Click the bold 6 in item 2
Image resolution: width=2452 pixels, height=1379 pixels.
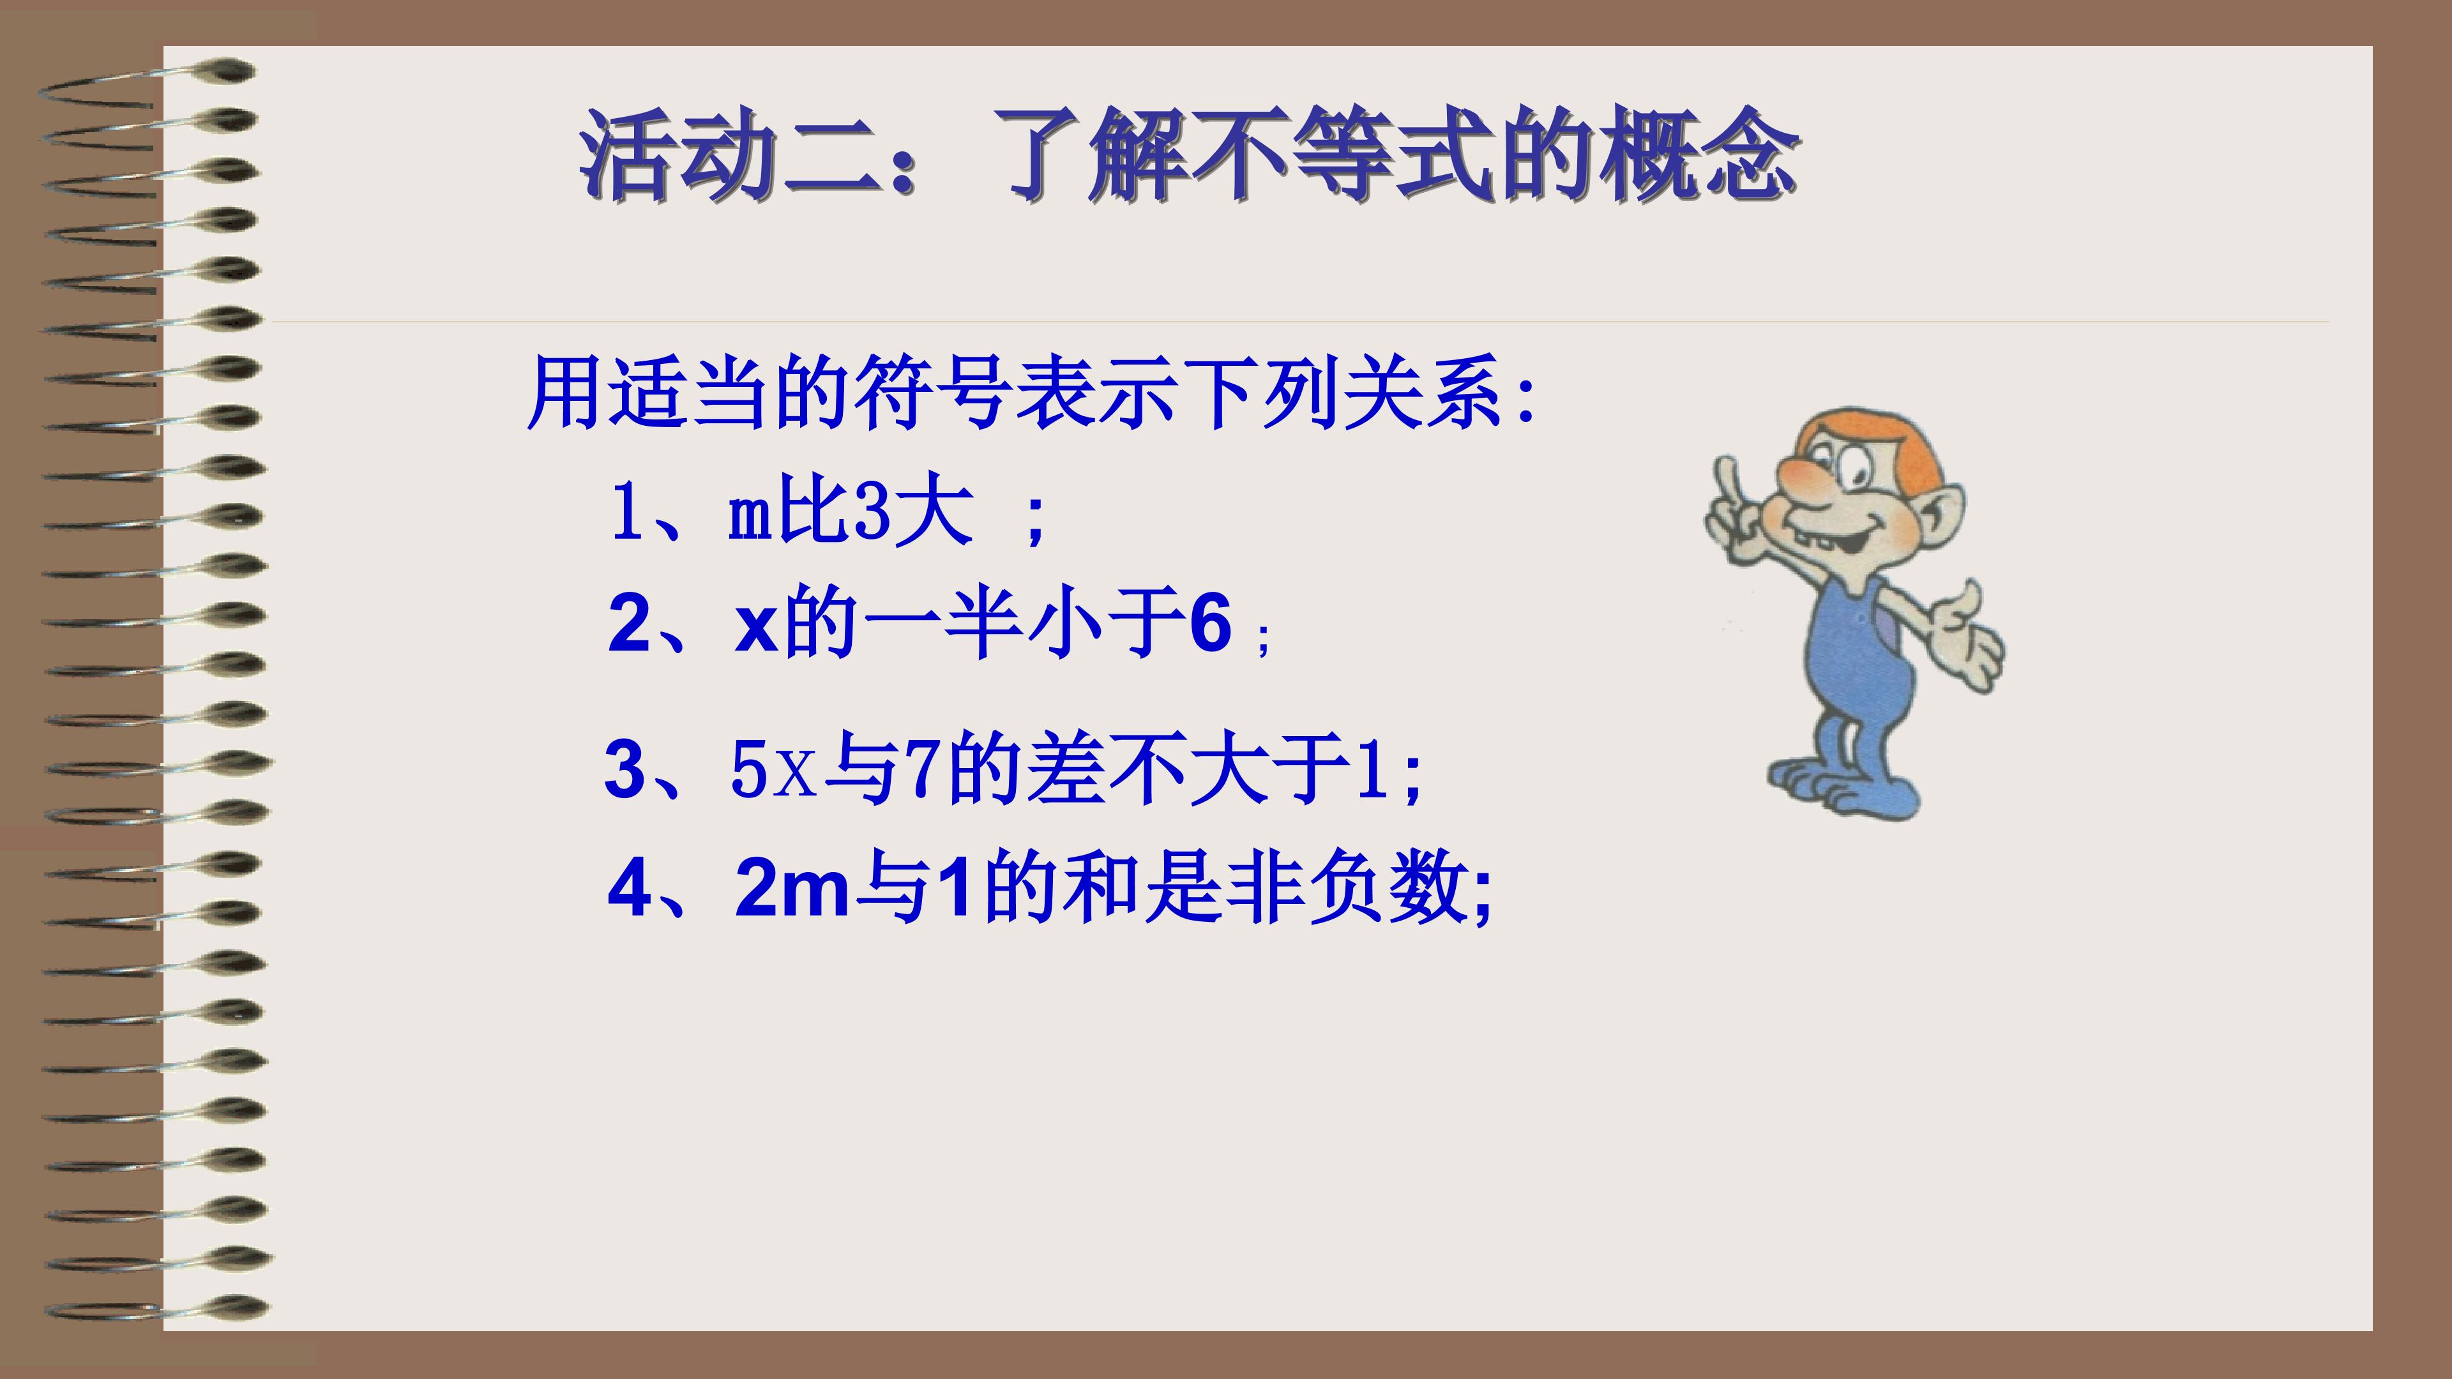point(1211,624)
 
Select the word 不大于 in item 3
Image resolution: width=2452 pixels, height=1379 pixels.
point(1230,769)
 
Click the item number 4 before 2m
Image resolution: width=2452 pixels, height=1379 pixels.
point(631,887)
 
